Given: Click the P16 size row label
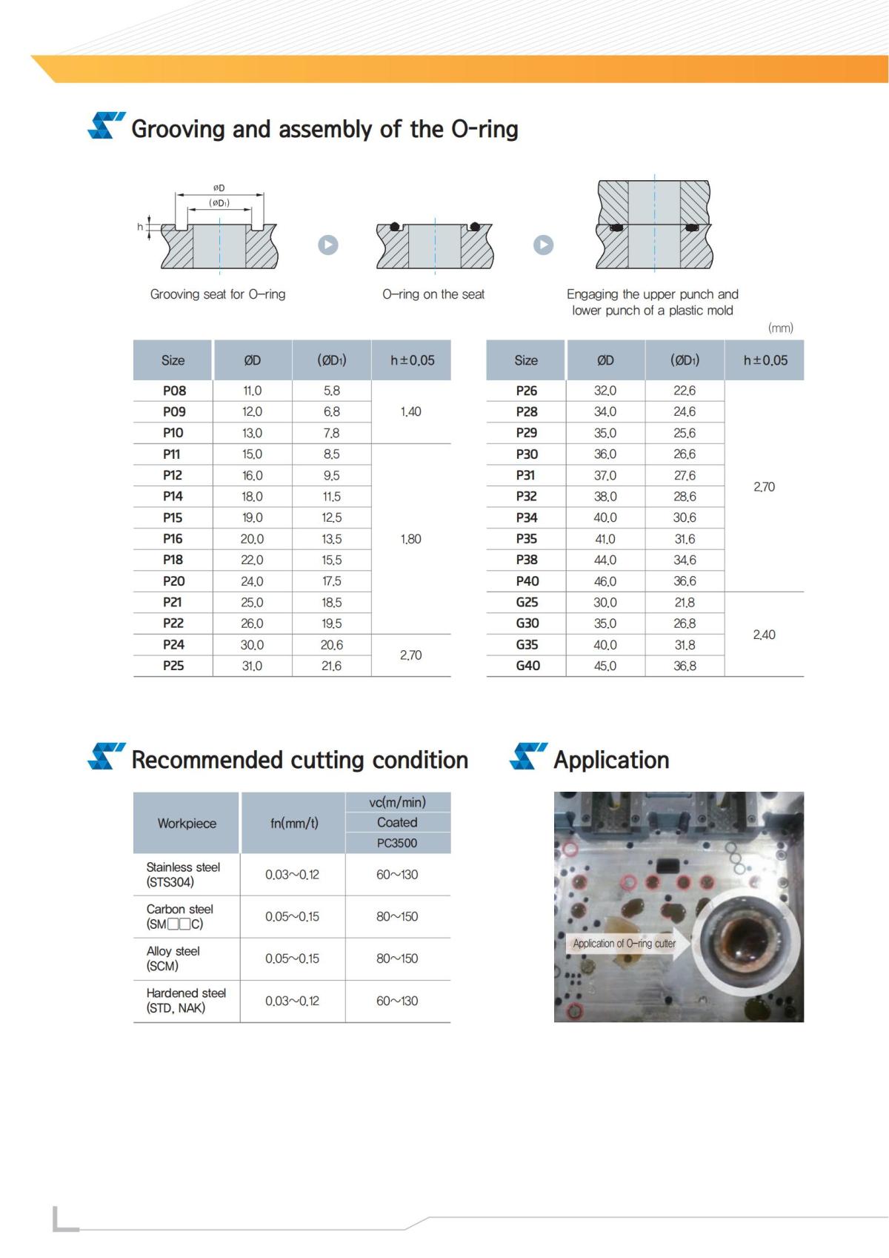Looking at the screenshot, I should tap(173, 539).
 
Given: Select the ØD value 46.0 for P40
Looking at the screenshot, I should tap(605, 581).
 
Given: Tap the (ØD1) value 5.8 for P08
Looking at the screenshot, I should tap(331, 391).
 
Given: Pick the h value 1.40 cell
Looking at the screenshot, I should tap(410, 411).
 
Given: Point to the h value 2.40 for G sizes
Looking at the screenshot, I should tap(764, 635).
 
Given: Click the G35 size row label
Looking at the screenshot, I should tap(527, 645).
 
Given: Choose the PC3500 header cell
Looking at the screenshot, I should tap(397, 843).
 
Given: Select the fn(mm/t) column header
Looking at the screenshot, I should tap(294, 823).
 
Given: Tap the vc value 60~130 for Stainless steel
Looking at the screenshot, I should tap(397, 875).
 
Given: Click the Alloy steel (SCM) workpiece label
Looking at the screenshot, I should tap(173, 959).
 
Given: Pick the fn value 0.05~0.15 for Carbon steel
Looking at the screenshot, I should tap(292, 917).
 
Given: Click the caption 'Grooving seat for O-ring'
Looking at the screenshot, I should tap(218, 294).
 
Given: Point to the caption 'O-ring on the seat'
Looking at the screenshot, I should tap(433, 294).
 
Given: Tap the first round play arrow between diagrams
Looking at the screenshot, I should tap(328, 245).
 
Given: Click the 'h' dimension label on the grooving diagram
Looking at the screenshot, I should tap(140, 227).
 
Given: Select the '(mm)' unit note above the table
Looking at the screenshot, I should tap(780, 328).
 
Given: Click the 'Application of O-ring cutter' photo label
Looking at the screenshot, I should tap(624, 944).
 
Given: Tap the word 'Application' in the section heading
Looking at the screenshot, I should tap(611, 760).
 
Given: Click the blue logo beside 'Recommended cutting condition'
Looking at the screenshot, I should tap(106, 756).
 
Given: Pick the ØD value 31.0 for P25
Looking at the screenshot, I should tap(252, 666).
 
